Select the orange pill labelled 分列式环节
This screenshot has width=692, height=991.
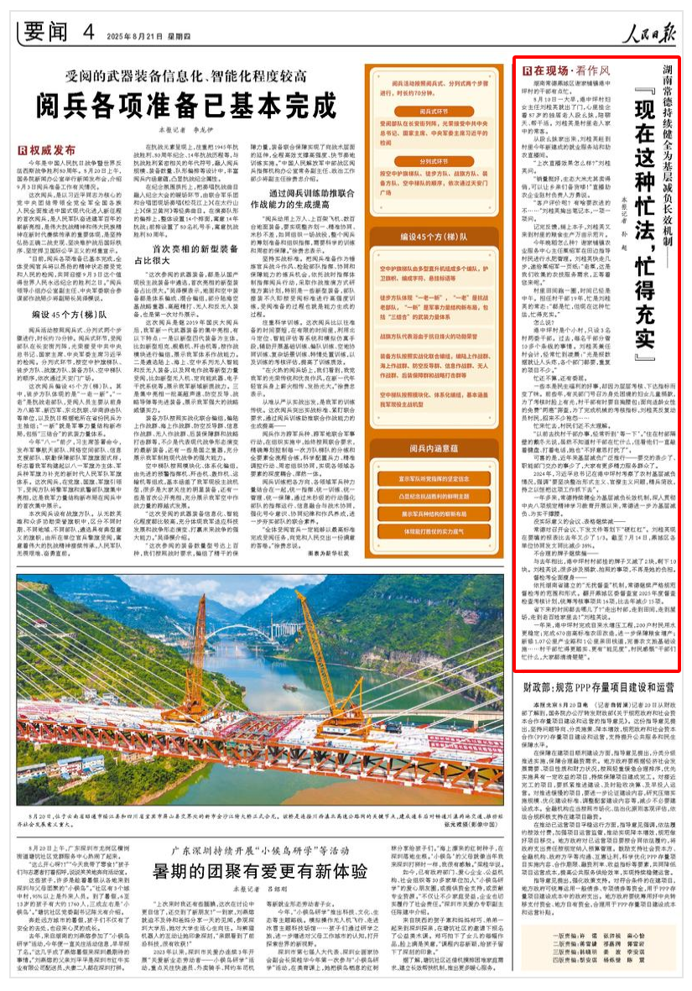(x=436, y=159)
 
